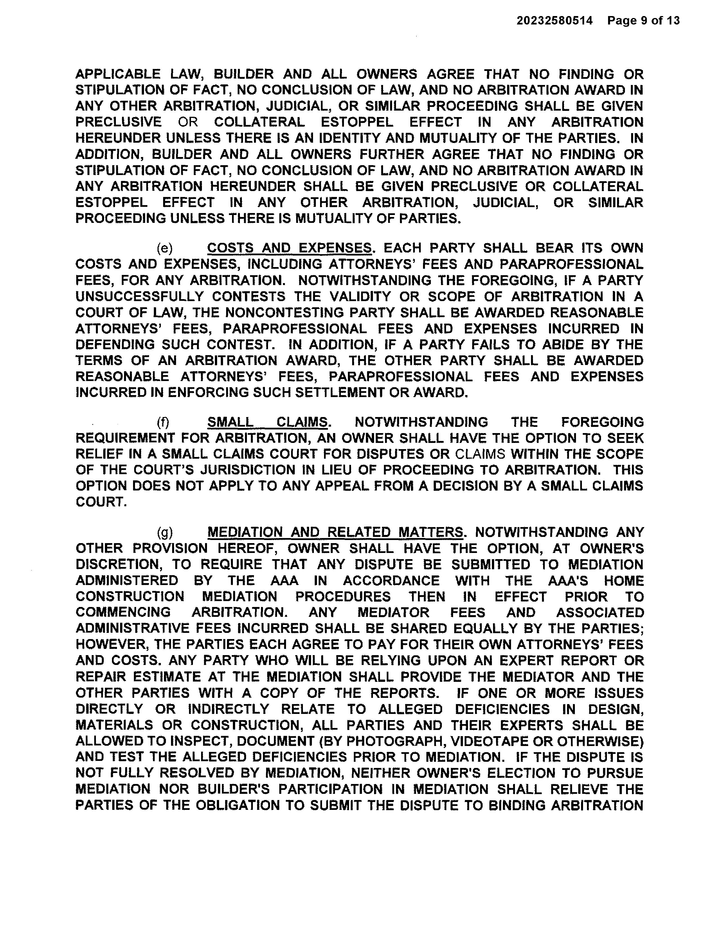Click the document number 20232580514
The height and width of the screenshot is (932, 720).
(x=555, y=21)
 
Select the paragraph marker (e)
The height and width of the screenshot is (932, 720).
(x=165, y=248)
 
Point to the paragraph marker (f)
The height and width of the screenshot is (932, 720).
(x=163, y=422)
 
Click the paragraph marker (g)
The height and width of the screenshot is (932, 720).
(x=165, y=532)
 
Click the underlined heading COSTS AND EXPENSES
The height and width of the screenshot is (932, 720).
(x=289, y=248)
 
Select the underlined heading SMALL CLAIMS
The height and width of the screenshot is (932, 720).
(x=267, y=422)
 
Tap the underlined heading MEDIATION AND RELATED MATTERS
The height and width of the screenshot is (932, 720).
(x=335, y=532)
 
